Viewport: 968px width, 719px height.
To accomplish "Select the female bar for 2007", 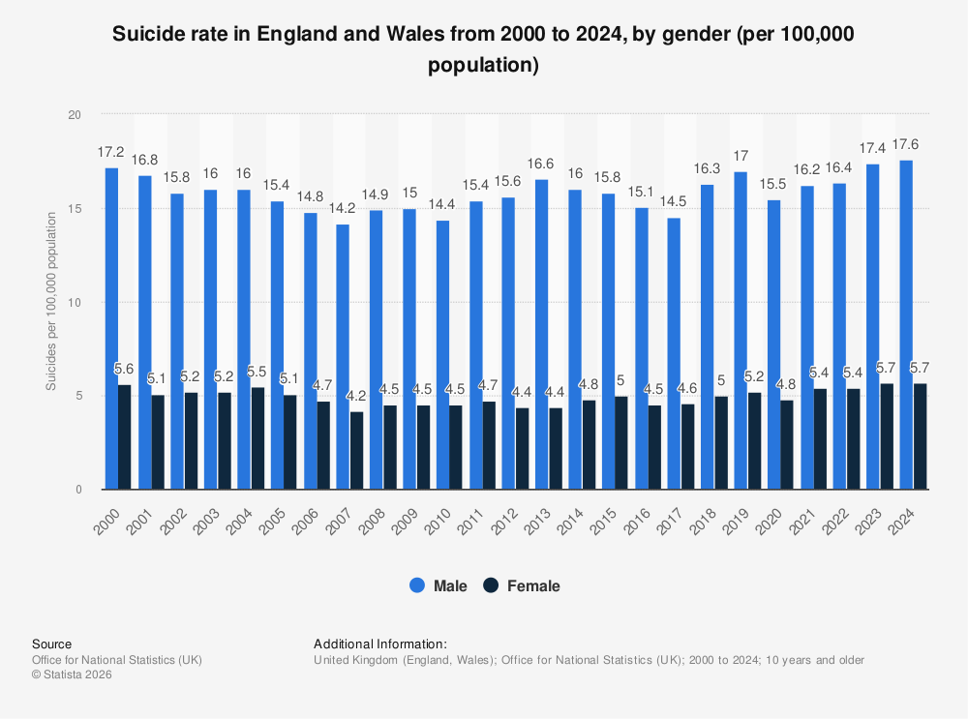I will coord(357,451).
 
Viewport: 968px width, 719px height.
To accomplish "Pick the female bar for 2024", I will coord(921,436).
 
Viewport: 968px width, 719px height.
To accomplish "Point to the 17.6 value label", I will coord(907,144).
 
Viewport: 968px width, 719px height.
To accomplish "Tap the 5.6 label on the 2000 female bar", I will coord(124,369).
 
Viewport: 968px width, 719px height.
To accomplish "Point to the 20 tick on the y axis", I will coord(76,115).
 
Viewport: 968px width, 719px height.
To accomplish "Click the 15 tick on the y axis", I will coord(76,209).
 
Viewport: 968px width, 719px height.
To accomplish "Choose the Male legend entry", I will coord(439,585).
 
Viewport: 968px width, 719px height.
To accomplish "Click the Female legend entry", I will coord(522,585).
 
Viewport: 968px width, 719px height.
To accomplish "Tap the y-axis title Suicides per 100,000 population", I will coord(50,302).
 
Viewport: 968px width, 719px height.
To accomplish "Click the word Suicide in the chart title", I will coord(147,36).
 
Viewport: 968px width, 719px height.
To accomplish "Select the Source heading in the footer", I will coord(51,644).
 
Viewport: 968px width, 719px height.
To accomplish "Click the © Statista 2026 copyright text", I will coord(72,675).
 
